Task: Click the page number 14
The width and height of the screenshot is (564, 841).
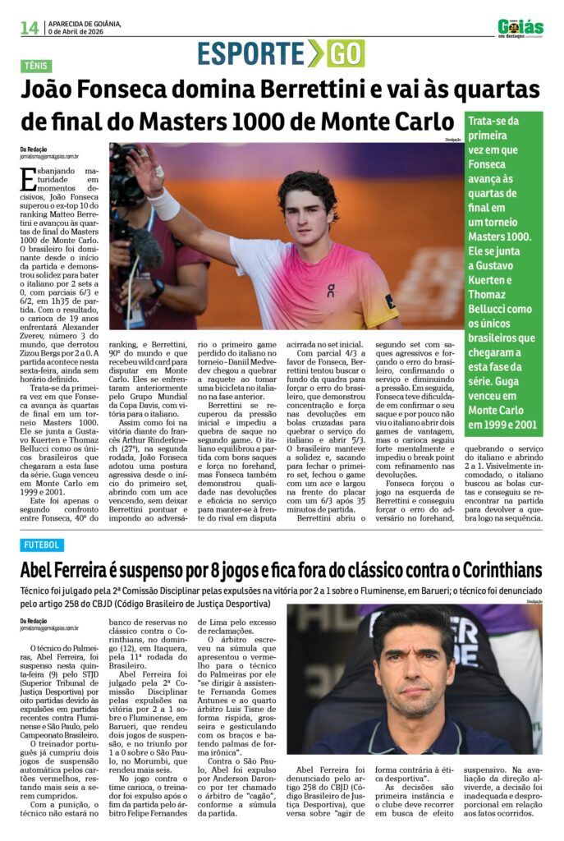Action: (29, 28)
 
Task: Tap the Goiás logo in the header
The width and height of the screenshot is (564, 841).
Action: (520, 28)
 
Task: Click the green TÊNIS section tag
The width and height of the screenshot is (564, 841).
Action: (36, 66)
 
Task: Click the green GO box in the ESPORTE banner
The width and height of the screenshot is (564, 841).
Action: (345, 53)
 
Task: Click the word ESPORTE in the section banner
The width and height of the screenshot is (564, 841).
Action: (250, 53)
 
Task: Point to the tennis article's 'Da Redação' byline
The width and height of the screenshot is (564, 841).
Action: (35, 149)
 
